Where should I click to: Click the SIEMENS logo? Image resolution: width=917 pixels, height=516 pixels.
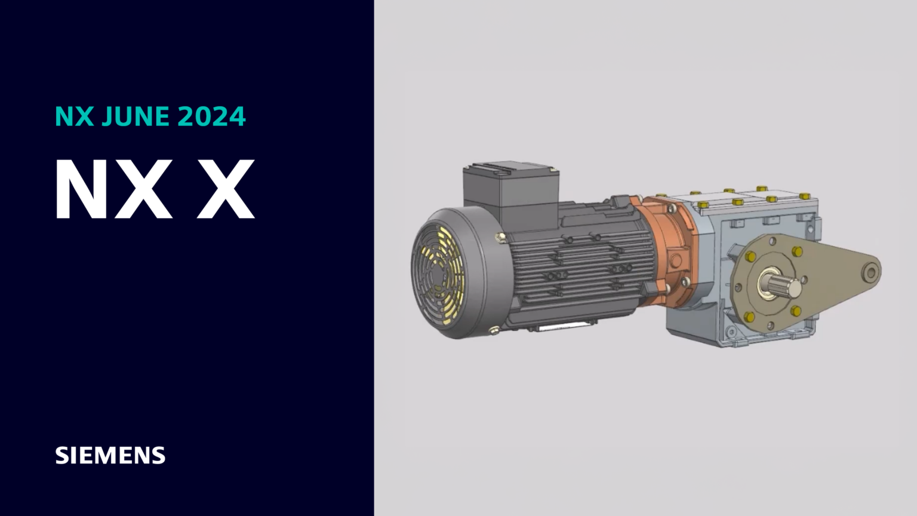click(110, 456)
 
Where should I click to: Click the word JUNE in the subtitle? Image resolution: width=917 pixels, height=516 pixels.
click(134, 116)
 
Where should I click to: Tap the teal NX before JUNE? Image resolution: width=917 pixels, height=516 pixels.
click(74, 116)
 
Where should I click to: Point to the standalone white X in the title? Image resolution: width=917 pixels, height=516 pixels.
click(226, 191)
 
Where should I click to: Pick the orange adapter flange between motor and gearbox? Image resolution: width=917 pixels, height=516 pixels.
click(669, 251)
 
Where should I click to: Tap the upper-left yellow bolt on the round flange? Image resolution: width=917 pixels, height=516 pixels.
click(750, 257)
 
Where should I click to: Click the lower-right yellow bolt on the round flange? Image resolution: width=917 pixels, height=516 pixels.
click(796, 311)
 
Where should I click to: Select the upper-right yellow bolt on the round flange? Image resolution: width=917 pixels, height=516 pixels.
click(797, 251)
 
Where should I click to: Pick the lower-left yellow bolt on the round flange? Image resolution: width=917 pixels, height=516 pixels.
click(749, 317)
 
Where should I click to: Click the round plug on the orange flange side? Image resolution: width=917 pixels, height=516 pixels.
click(675, 260)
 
